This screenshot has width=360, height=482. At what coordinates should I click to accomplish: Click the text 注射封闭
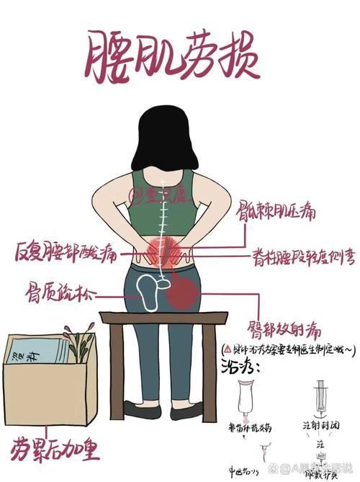tap(317, 425)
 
